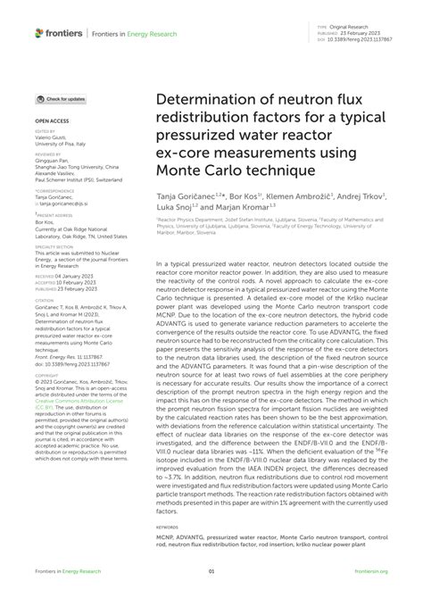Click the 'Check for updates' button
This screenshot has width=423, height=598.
point(62,99)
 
